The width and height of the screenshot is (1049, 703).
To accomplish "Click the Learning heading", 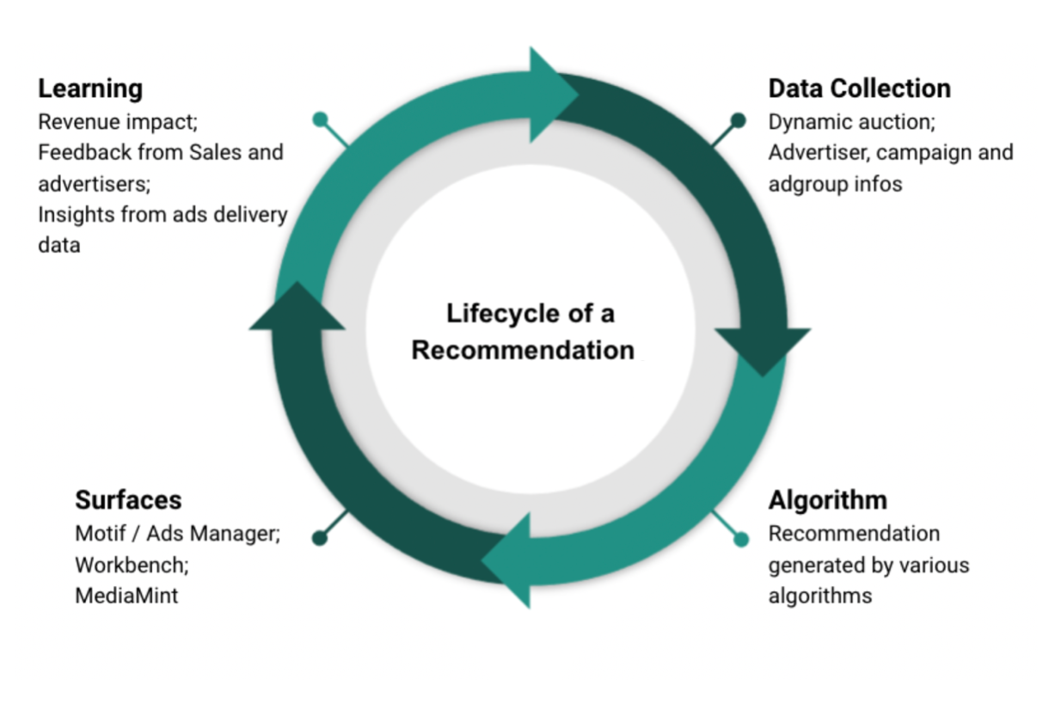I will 90,89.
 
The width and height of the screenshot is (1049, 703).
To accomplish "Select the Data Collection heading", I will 859,89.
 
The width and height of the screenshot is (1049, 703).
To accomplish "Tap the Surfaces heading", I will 128,500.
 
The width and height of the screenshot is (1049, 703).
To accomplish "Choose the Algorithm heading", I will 827,500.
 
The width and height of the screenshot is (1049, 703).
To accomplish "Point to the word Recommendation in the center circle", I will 523,351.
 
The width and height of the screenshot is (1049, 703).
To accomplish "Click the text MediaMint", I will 126,595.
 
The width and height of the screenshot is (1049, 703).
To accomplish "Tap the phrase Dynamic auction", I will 850,122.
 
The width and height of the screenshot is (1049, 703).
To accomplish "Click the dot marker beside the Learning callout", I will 320,119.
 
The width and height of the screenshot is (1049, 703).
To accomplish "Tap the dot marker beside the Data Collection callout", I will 738,119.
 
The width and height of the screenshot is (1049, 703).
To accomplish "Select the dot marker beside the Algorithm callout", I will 741,540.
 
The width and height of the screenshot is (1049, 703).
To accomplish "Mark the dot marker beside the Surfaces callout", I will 320,539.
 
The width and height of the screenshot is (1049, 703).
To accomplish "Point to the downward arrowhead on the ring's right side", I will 762,348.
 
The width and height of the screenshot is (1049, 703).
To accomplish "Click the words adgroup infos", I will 835,184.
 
